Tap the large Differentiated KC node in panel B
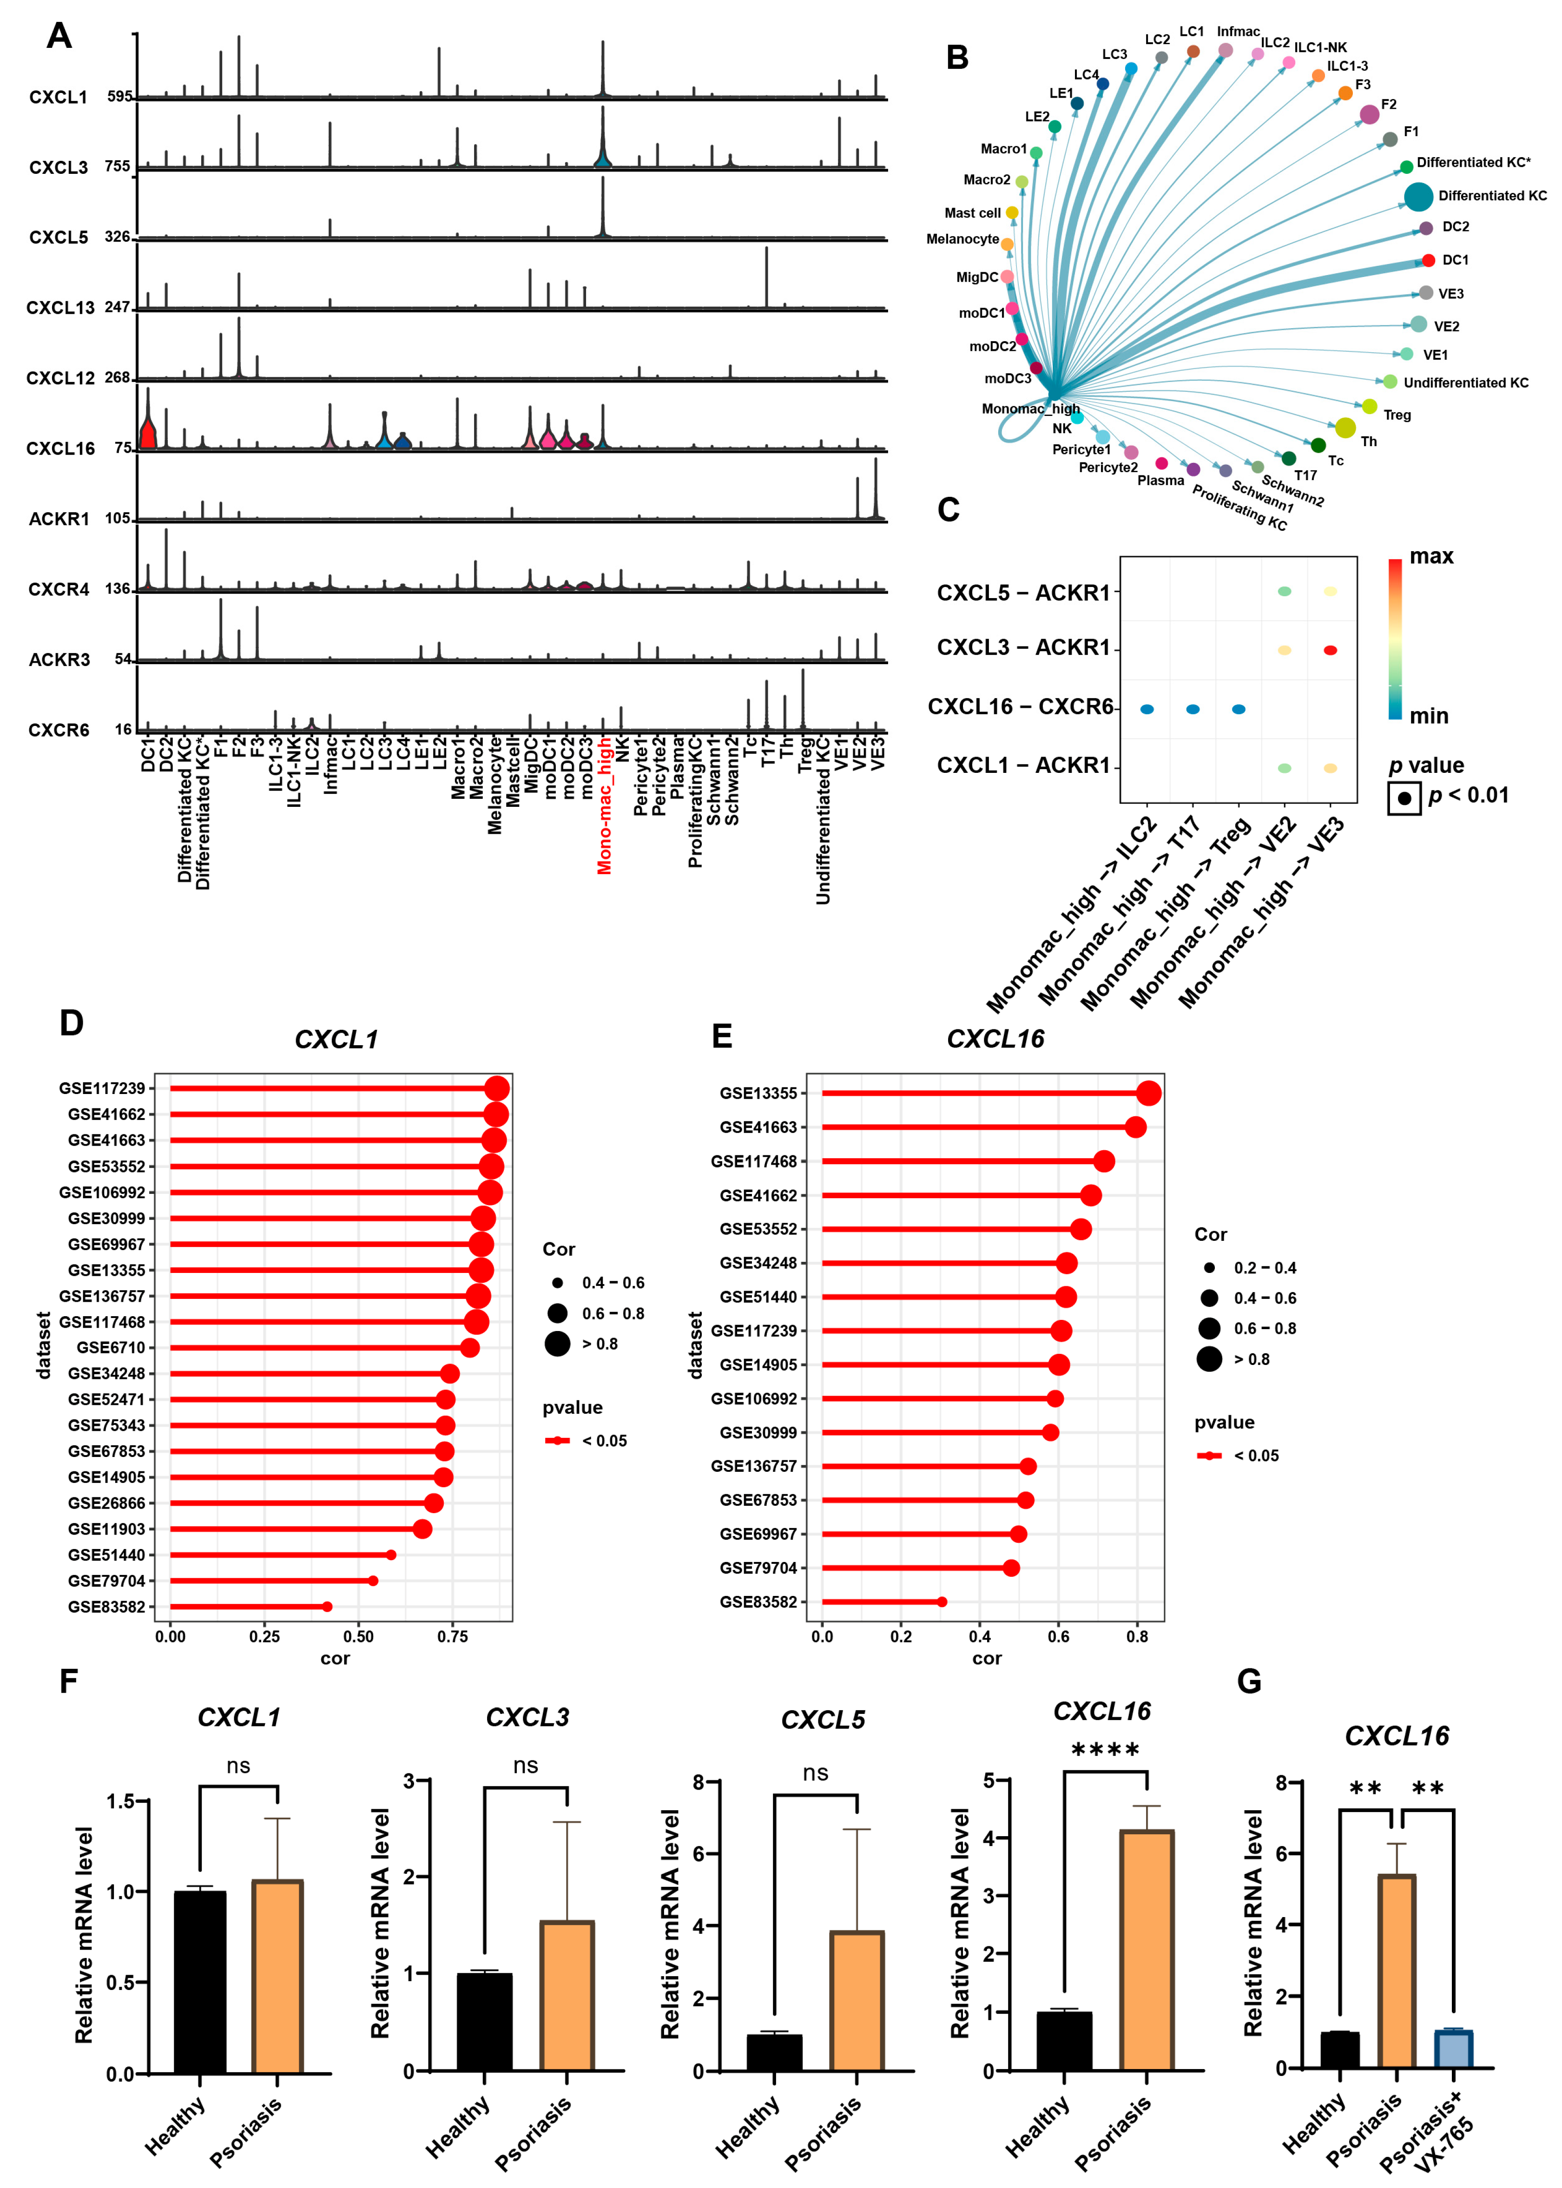coord(1418,196)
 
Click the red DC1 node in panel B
coord(1428,261)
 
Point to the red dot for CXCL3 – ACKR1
coord(1330,650)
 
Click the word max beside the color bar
coord(1431,557)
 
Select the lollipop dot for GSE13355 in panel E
coord(1148,1094)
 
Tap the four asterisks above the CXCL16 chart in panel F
coord(1105,1749)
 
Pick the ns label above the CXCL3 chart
coord(525,1766)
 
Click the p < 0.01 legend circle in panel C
coord(1404,797)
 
